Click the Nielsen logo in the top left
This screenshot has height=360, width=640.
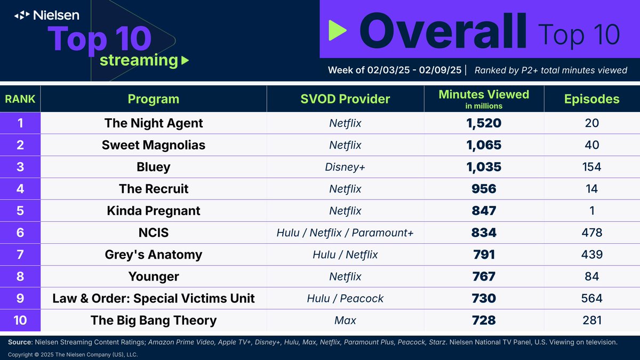(47, 15)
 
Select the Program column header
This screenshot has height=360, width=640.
(154, 99)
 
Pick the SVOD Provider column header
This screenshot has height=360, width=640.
(345, 99)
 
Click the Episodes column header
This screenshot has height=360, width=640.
(592, 99)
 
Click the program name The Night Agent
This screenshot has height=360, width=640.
(154, 123)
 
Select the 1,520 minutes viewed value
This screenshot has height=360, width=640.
(484, 123)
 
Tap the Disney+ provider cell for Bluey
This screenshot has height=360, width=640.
(345, 167)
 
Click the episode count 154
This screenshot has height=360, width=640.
(591, 167)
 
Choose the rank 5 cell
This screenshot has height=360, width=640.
(20, 211)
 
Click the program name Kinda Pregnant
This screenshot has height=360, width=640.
(154, 211)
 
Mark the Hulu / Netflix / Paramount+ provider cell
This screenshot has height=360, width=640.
(345, 233)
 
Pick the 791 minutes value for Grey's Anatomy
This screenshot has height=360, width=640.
(484, 254)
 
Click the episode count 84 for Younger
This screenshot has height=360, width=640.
(591, 276)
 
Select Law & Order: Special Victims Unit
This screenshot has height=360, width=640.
(154, 298)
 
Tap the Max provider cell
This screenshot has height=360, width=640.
(345, 321)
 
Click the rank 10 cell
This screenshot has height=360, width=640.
(20, 321)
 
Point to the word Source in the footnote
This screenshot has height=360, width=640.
(20, 342)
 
